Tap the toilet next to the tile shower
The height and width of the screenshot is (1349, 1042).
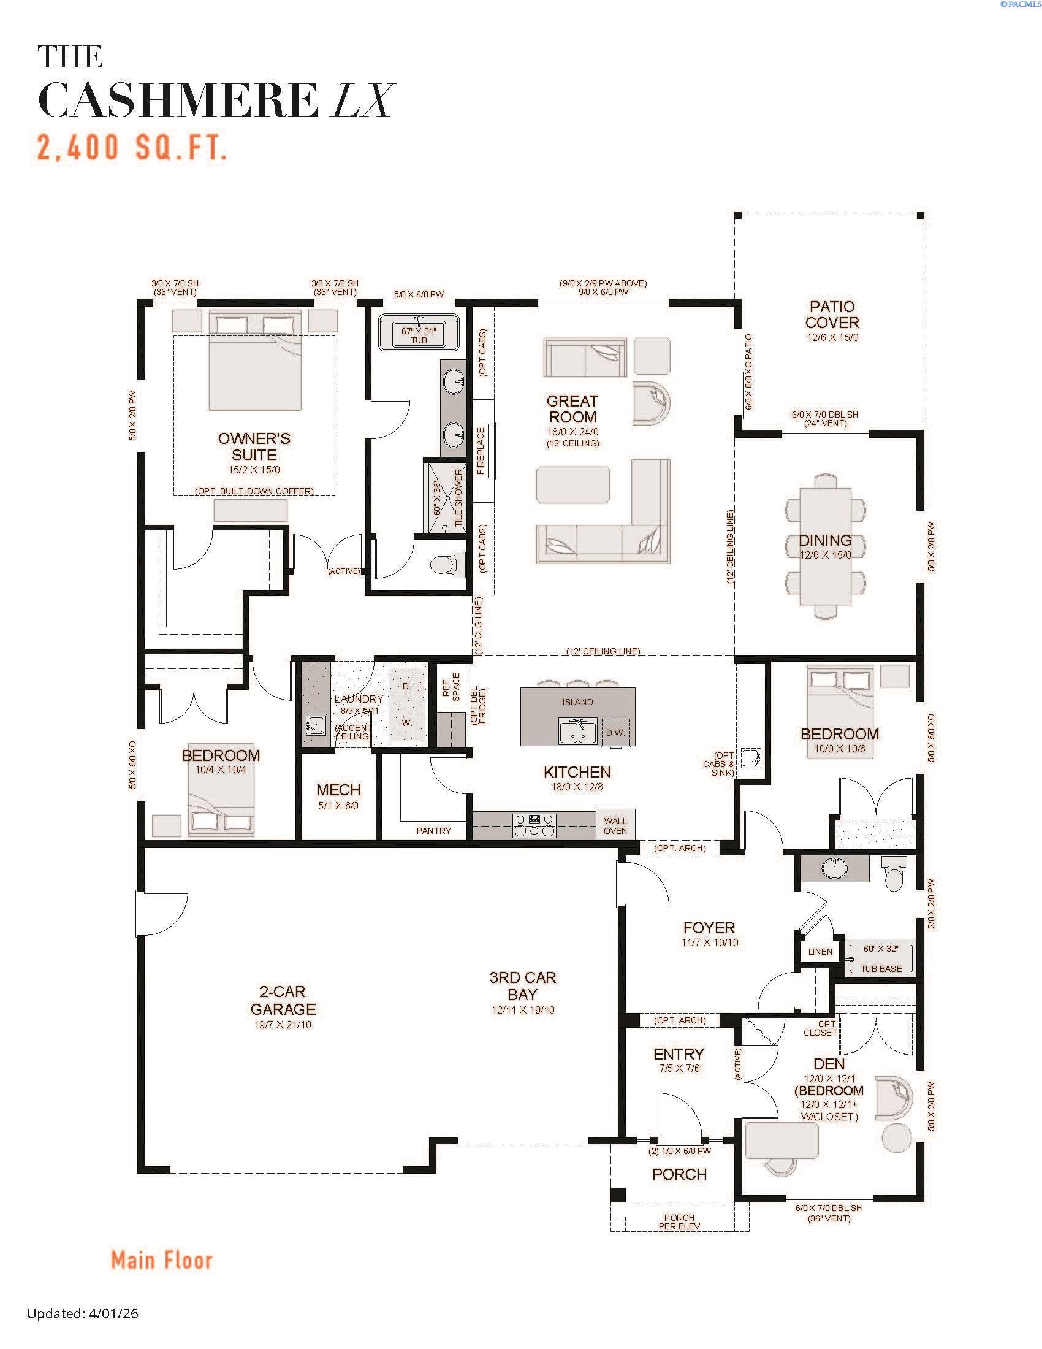click(448, 565)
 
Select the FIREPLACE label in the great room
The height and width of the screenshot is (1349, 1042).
click(481, 451)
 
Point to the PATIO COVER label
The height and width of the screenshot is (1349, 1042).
click(832, 315)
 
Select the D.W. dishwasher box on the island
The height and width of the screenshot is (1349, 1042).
click(615, 733)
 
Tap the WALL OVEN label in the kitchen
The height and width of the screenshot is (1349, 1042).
click(615, 825)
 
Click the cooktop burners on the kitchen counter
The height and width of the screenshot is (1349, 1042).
click(534, 825)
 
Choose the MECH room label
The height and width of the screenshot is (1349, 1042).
click(338, 790)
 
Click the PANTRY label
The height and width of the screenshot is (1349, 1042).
click(433, 831)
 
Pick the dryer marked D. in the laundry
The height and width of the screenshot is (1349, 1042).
click(407, 686)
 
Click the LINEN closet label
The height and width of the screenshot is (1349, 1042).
click(820, 952)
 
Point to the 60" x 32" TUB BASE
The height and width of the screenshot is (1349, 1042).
click(881, 958)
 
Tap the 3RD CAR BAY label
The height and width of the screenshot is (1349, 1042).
click(522, 986)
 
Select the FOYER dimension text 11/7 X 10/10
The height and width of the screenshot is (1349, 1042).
click(709, 942)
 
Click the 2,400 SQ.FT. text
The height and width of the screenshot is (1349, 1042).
click(132, 148)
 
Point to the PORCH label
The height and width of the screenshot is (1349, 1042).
click(679, 1174)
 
